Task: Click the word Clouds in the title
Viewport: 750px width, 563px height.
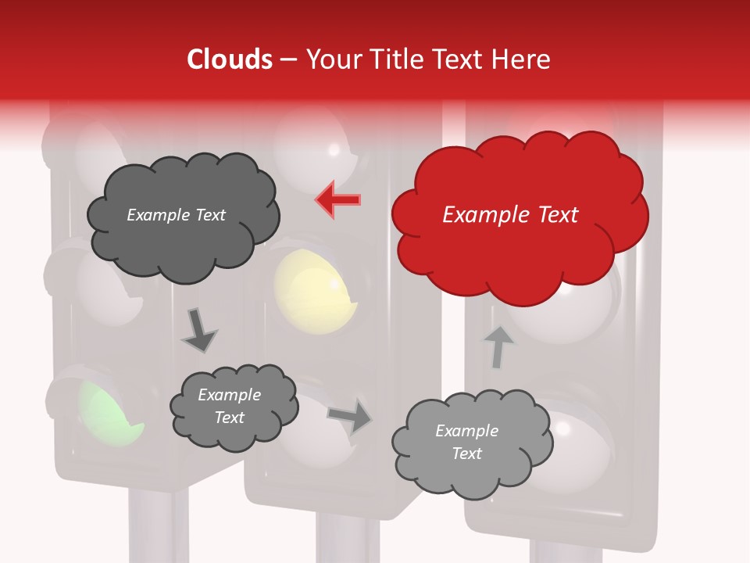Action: pos(230,59)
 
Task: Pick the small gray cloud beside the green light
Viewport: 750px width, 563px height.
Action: pos(233,407)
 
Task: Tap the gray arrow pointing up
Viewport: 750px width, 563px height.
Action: pos(497,346)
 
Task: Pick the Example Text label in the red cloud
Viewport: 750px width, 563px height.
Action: pos(510,215)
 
